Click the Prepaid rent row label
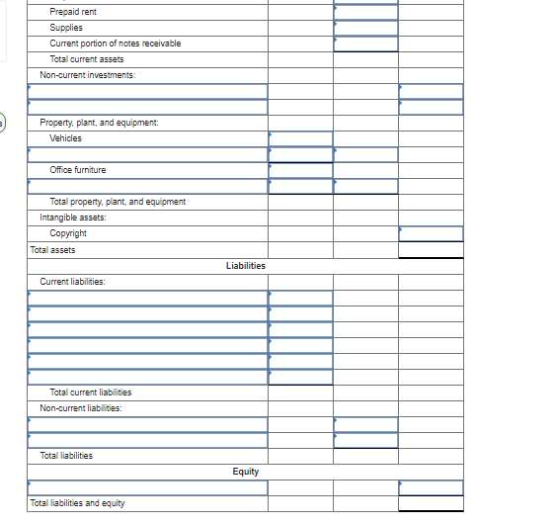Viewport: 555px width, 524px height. (x=73, y=12)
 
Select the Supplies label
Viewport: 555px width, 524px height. (x=66, y=28)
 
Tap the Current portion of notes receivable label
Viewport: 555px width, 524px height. (x=115, y=44)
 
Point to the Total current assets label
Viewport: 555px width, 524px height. (x=87, y=59)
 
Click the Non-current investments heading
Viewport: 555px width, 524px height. (x=88, y=75)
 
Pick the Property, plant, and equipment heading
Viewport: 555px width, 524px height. (x=99, y=122)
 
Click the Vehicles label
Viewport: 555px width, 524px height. (x=66, y=137)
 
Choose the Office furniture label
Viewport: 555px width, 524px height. (x=78, y=170)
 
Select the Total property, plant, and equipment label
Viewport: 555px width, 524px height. (x=118, y=202)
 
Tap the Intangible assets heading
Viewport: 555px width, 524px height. (x=73, y=217)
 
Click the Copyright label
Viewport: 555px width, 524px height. (x=68, y=233)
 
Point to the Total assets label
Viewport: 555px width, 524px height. (x=52, y=250)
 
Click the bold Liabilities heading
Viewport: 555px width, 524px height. (x=245, y=266)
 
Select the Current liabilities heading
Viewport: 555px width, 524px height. (x=72, y=282)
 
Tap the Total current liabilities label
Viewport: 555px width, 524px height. (x=90, y=393)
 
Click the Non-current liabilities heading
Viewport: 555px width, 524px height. (x=81, y=408)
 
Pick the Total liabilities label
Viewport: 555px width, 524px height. (x=66, y=456)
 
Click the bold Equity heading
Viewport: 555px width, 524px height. (x=245, y=472)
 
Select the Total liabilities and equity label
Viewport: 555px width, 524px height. (x=77, y=503)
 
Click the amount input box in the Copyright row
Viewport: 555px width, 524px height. (x=431, y=233)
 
